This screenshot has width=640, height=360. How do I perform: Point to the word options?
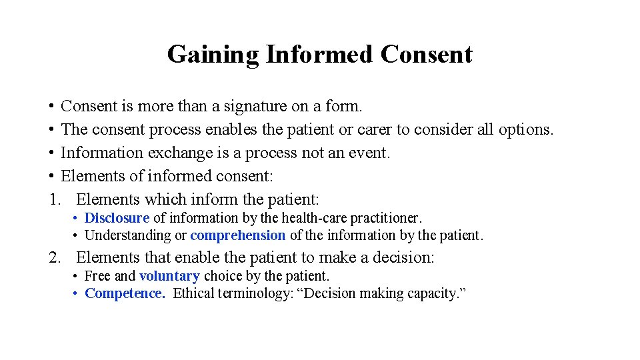pos(525,129)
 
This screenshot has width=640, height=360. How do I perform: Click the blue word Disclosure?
pos(117,218)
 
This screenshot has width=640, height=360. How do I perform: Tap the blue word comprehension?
pos(238,235)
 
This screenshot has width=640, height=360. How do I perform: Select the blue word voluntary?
pos(169,276)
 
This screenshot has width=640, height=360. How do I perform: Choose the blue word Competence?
pos(125,293)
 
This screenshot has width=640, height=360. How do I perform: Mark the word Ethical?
pos(194,293)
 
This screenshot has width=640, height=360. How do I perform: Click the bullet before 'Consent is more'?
pos(51,107)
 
